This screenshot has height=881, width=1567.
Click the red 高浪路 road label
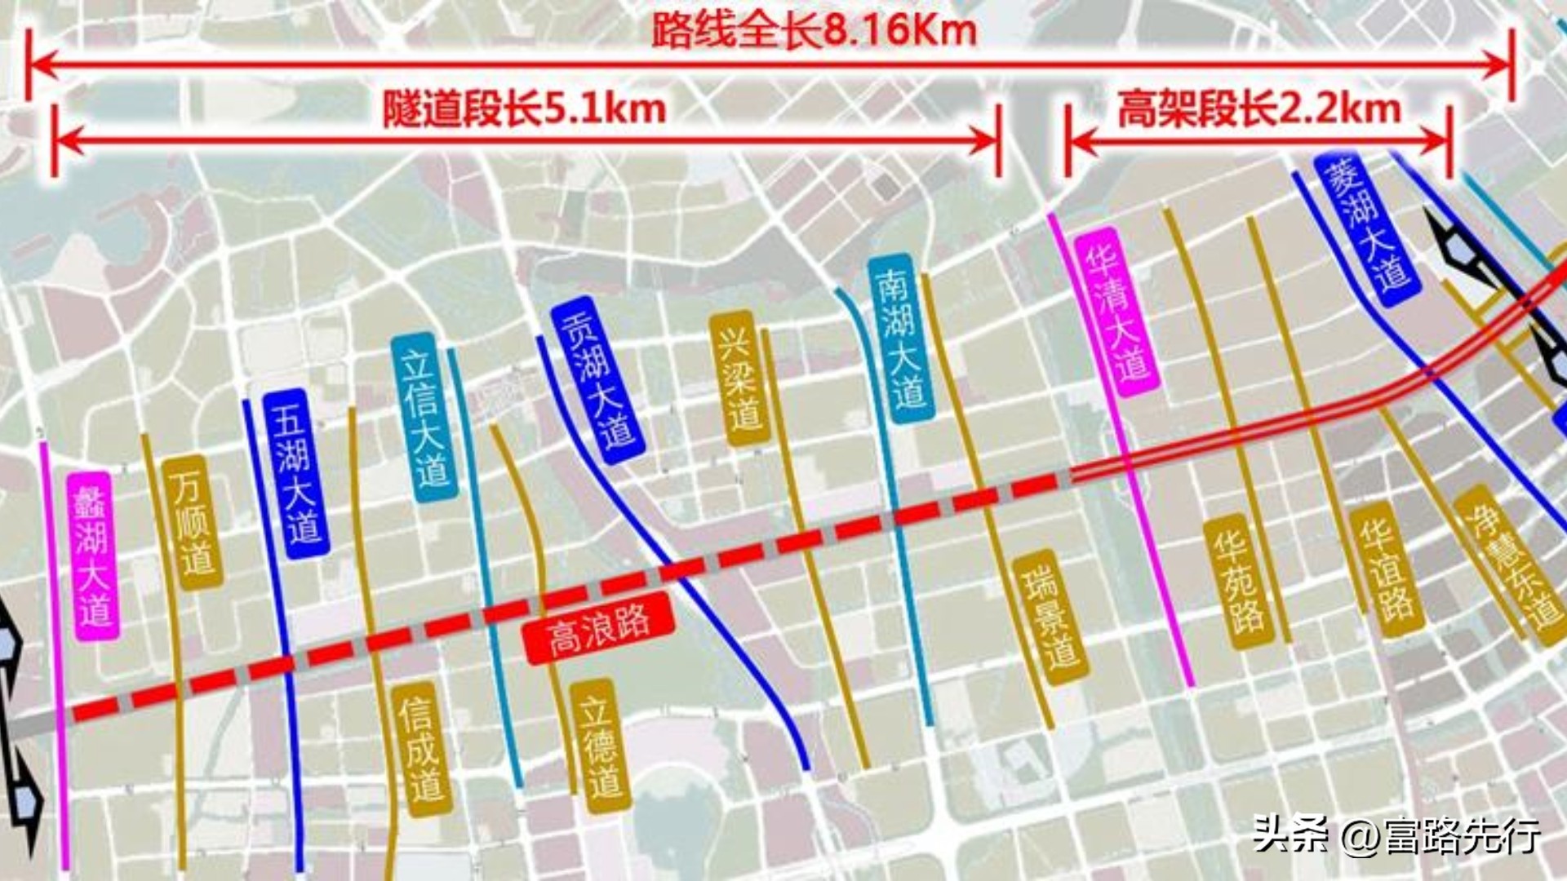599,629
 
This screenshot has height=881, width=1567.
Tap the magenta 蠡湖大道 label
95,556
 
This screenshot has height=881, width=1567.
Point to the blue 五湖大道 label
295,473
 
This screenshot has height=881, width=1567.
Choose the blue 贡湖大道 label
598,380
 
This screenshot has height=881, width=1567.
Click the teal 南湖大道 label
901,339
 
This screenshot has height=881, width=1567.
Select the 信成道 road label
421,749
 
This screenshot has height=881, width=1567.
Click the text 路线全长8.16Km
814,31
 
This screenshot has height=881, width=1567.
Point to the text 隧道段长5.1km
525,109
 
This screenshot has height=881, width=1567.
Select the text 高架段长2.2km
1258,109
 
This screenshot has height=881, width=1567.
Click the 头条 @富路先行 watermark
1396,835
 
